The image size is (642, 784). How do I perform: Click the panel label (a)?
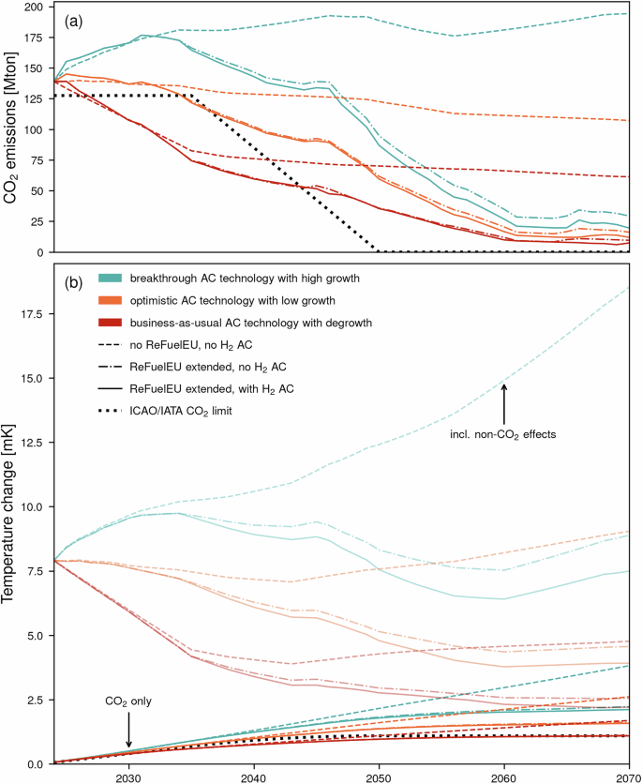[77, 18]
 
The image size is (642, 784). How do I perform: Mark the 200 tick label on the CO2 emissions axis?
[34, 7]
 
